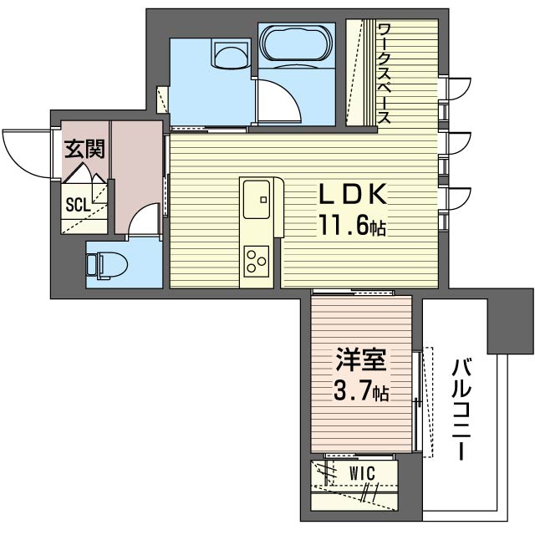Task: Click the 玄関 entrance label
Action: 84,149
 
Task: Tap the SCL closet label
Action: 78,205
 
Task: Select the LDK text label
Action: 353,194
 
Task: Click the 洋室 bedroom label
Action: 361,359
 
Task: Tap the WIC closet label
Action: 362,474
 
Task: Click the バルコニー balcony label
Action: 461,409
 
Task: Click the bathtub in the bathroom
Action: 295,43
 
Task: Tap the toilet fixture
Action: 107,266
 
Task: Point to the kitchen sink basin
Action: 257,200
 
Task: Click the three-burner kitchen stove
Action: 257,262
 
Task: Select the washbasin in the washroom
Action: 231,53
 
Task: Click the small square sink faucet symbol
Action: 263,200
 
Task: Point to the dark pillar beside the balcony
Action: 511,321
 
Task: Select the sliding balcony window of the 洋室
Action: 417,401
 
